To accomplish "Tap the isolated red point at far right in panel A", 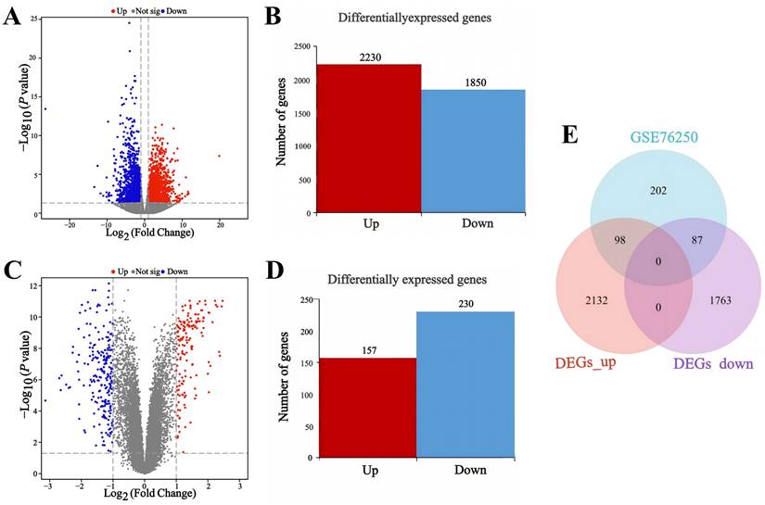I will click(x=220, y=156).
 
